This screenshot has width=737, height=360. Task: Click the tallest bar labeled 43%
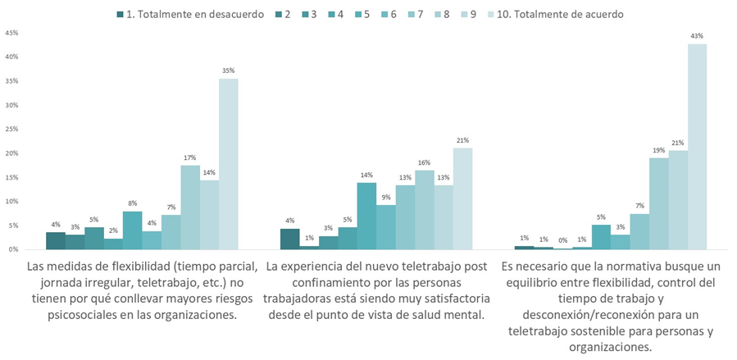[697, 147]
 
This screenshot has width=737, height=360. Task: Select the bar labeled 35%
[229, 164]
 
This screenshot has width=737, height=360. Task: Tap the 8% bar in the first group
[132, 230]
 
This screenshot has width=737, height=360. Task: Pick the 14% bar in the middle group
[366, 216]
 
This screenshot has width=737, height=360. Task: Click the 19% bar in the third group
[658, 203]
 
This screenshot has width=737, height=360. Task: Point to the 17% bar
[190, 207]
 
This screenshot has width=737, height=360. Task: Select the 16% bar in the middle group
[425, 210]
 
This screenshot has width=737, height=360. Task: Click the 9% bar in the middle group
[386, 227]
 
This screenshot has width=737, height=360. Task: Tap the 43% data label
[697, 36]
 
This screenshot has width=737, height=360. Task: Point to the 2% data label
[113, 230]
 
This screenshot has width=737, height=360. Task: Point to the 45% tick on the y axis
[11, 33]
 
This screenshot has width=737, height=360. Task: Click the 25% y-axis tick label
[11, 130]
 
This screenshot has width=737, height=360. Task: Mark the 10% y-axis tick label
[11, 202]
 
